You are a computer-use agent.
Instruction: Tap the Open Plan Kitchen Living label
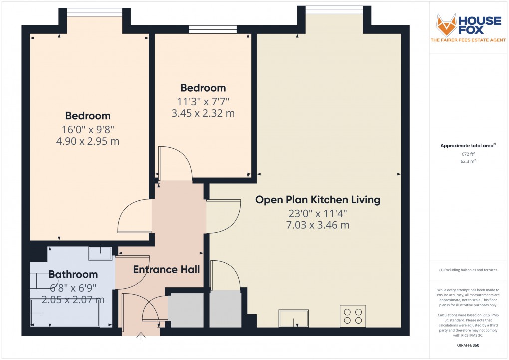coord(318,200)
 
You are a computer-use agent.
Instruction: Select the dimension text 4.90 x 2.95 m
coord(88,141)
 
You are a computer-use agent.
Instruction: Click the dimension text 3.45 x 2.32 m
coord(203,113)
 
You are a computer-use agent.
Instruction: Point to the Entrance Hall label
coord(166,270)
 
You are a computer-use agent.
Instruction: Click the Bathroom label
coord(73,274)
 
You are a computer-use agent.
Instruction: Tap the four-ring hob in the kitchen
coord(352,316)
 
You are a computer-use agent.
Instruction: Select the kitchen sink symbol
coord(294,317)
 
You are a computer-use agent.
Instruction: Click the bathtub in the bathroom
coord(65,312)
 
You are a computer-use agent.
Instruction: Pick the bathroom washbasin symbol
coord(100,253)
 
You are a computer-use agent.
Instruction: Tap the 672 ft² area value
coord(468,154)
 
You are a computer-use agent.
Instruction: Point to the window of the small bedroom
coord(213,29)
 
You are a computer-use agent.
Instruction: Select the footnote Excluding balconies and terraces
coord(468,270)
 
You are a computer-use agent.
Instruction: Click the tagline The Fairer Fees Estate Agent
coord(466,40)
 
